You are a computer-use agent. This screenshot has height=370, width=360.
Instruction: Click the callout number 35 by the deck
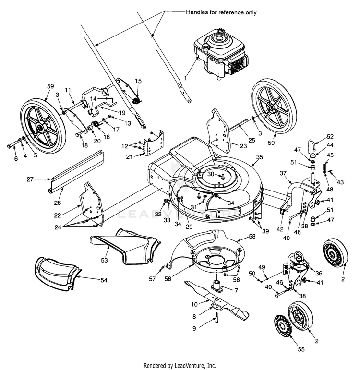point(260,157)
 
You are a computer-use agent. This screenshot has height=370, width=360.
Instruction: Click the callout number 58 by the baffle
point(252,237)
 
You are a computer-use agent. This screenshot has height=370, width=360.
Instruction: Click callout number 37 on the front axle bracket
point(283,173)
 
